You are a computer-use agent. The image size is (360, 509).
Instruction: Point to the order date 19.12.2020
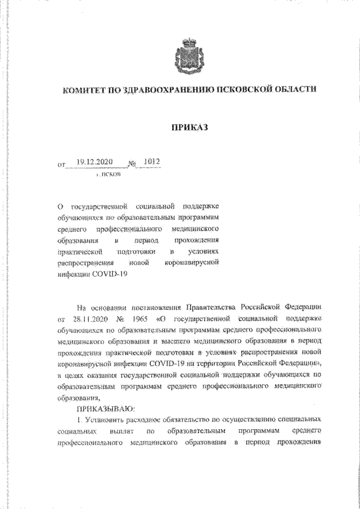click(94, 162)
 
